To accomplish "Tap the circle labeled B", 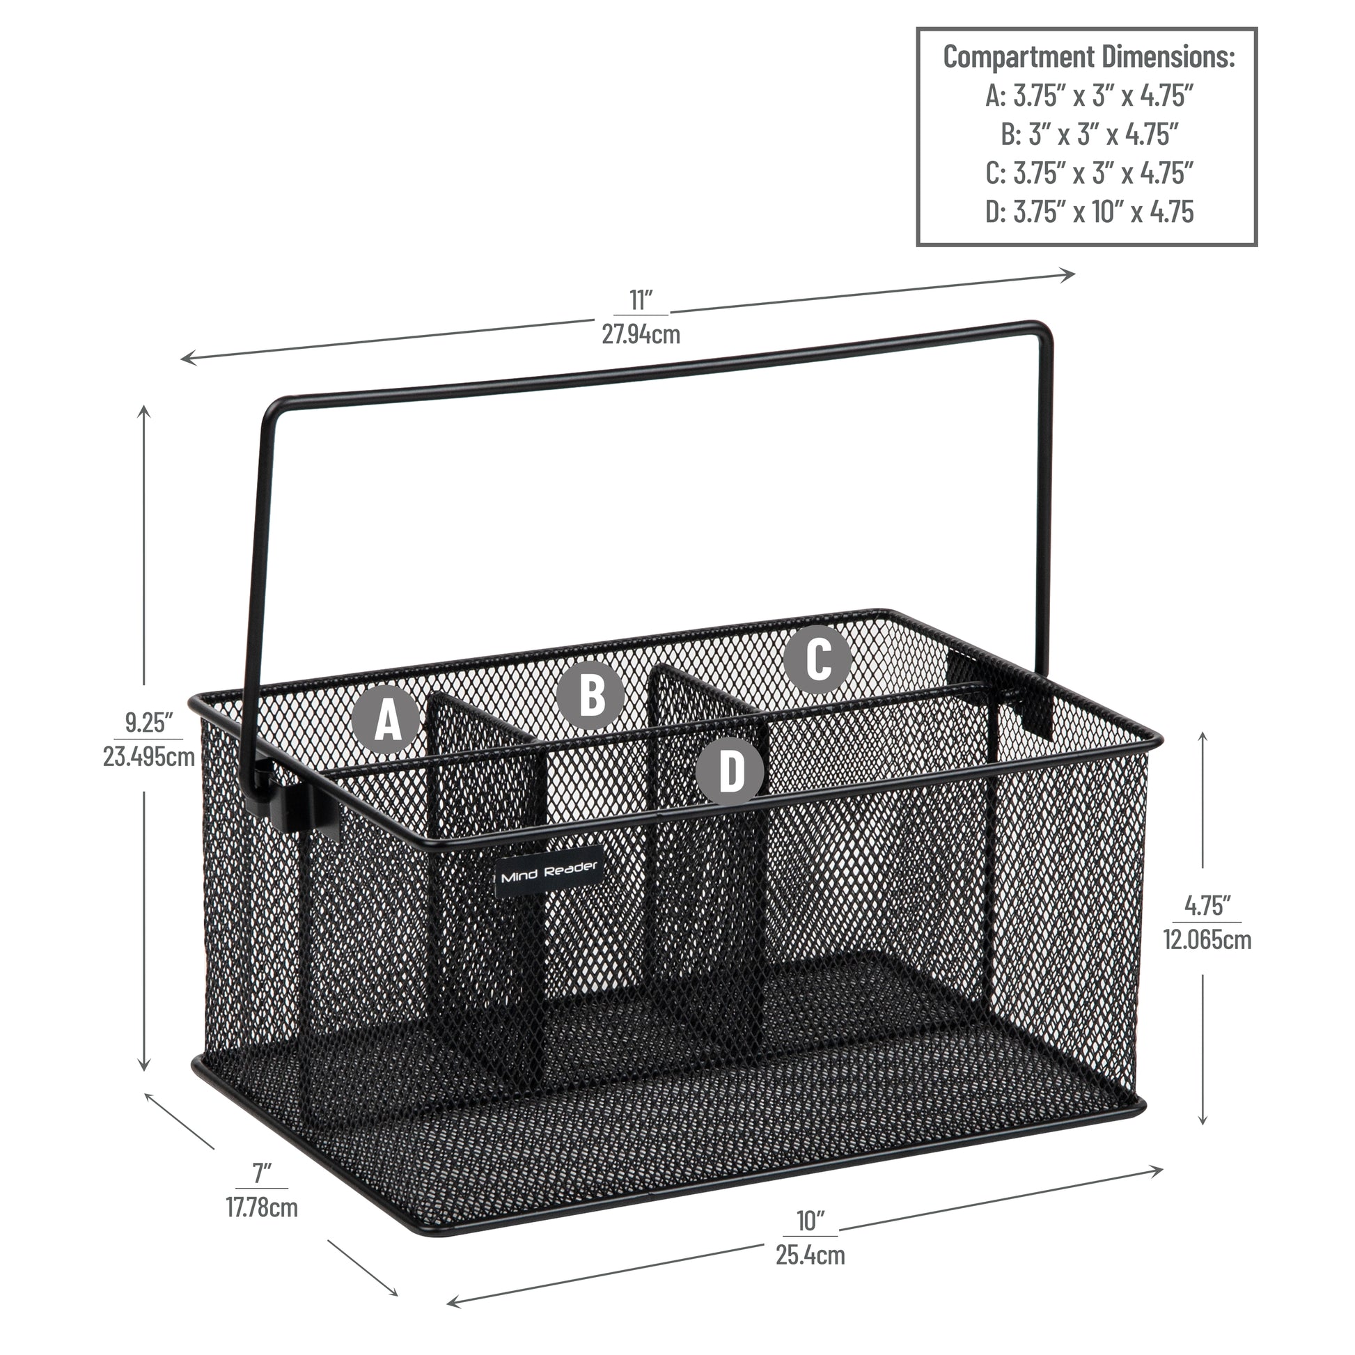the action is pyautogui.click(x=591, y=695).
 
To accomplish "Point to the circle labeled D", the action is pyautogui.click(x=730, y=770).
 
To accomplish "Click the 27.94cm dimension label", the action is pyautogui.click(x=641, y=334).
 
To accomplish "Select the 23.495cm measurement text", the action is pyautogui.click(x=149, y=757).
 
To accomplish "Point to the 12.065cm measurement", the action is pyautogui.click(x=1207, y=939).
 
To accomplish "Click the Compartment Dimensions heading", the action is pyautogui.click(x=1089, y=57).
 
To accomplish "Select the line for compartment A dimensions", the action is pyautogui.click(x=1089, y=95).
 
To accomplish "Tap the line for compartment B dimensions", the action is pyautogui.click(x=1089, y=134).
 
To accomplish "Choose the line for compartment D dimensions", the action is pyautogui.click(x=1089, y=211).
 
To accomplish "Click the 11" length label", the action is pyautogui.click(x=641, y=300).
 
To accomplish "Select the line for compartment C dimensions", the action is pyautogui.click(x=1089, y=173).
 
